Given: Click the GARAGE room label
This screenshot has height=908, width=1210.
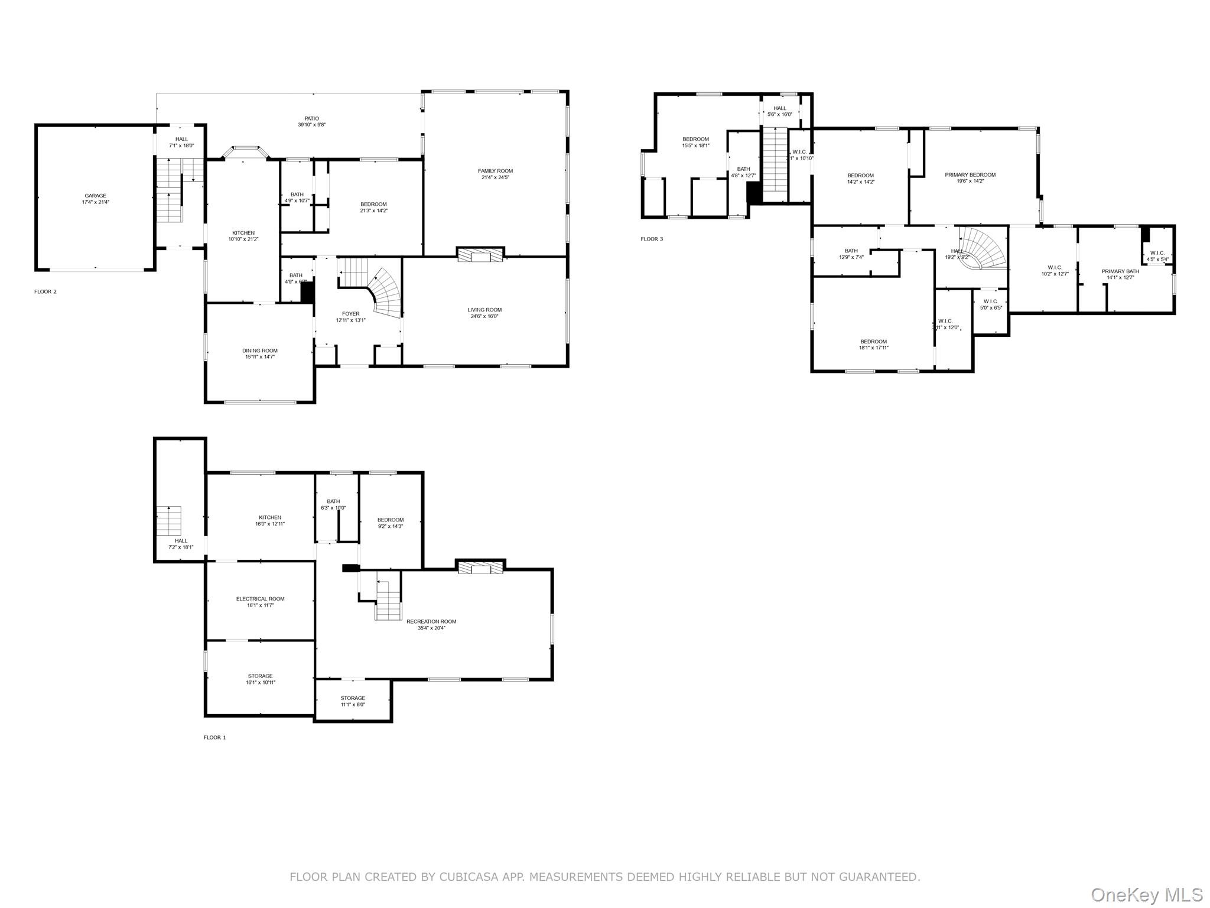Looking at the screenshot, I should click(x=96, y=199).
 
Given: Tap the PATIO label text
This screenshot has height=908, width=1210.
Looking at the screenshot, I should click(x=311, y=121).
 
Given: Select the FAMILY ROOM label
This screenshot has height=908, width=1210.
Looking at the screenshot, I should click(x=495, y=174).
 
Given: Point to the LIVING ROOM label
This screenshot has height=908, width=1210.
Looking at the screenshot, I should click(x=484, y=313).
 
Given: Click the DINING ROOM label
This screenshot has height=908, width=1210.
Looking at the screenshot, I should click(x=259, y=354).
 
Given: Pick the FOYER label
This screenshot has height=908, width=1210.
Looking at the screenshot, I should click(x=350, y=317).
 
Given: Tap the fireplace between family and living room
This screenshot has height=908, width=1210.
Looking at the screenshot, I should click(x=481, y=255).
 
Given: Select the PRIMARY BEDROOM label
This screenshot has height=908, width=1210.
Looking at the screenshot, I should click(x=970, y=177).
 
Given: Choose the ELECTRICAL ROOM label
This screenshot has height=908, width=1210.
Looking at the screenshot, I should click(x=260, y=601).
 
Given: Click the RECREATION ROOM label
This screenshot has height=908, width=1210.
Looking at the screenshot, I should click(x=431, y=624).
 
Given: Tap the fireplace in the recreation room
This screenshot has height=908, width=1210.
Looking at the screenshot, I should click(x=481, y=567).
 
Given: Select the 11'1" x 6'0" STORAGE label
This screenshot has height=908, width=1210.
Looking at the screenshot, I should click(x=353, y=701).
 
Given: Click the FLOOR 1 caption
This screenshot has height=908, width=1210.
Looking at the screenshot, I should click(x=214, y=737).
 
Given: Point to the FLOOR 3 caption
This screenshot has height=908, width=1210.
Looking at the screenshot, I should click(x=652, y=239).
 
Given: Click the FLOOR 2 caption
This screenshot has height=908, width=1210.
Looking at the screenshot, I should click(x=45, y=291).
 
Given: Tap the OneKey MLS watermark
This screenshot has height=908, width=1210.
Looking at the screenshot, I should click(x=1146, y=894).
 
